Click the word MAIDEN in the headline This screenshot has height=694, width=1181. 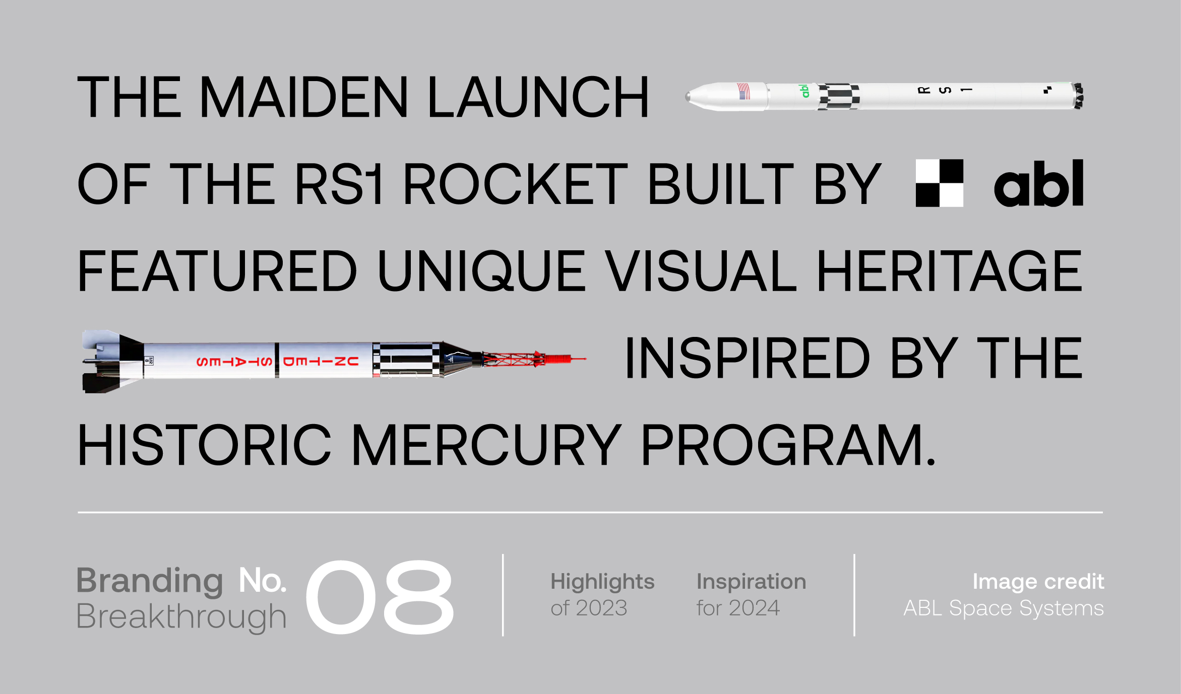[304, 97]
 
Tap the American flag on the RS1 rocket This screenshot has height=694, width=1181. [743, 91]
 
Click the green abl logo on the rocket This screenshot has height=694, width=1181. [804, 91]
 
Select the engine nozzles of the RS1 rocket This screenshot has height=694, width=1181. [1078, 96]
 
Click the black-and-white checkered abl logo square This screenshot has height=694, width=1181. [939, 183]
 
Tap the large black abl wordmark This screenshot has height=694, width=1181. [1038, 183]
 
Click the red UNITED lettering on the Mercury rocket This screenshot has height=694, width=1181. [321, 361]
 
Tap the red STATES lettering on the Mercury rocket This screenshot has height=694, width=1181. [234, 362]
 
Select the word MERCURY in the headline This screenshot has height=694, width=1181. [486, 445]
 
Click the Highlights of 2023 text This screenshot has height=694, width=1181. [602, 594]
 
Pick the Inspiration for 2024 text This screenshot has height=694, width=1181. [751, 594]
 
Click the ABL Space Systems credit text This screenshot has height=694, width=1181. [1004, 608]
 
